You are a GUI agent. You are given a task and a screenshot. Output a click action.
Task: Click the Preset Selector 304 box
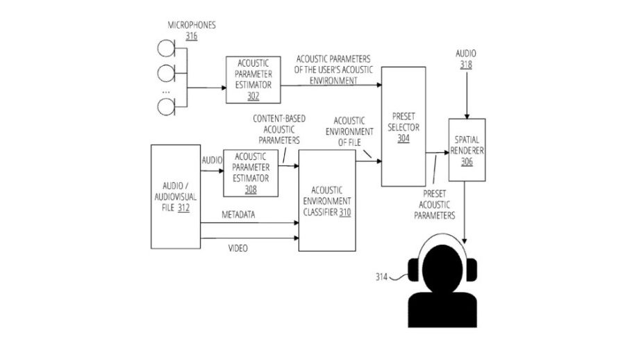(403, 126)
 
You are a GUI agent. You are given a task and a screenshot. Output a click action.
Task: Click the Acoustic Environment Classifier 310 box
(326, 200)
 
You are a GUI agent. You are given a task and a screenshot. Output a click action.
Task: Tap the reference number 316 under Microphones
(191, 36)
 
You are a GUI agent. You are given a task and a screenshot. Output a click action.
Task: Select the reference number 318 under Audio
(466, 65)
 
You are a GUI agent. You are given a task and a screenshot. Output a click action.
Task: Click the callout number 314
(381, 277)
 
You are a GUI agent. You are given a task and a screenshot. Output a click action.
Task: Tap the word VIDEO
(238, 248)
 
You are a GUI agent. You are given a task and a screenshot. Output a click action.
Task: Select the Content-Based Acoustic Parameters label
(276, 129)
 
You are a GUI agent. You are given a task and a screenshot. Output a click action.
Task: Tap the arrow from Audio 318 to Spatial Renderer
(466, 94)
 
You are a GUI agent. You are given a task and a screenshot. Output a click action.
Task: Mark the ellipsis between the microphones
(165, 91)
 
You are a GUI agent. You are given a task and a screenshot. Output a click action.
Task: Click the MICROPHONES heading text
(192, 25)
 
